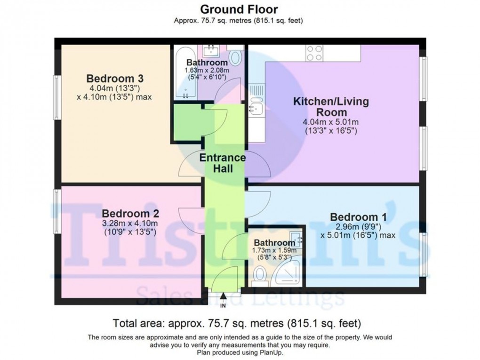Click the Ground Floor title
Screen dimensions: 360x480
(x=239, y=9)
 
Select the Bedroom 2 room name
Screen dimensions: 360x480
(x=130, y=213)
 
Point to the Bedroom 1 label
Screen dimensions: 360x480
(x=358, y=217)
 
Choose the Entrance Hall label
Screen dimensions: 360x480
(x=223, y=162)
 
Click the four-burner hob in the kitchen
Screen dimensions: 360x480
(x=314, y=53)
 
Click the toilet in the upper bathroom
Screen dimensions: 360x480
(x=236, y=59)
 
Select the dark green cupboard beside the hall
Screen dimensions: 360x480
(x=188, y=122)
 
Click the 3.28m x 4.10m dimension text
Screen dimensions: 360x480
(x=130, y=223)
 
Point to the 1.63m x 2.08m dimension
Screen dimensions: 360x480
(x=207, y=70)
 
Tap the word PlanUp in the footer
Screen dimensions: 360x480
(x=270, y=352)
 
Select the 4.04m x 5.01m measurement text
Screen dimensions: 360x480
(x=331, y=122)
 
